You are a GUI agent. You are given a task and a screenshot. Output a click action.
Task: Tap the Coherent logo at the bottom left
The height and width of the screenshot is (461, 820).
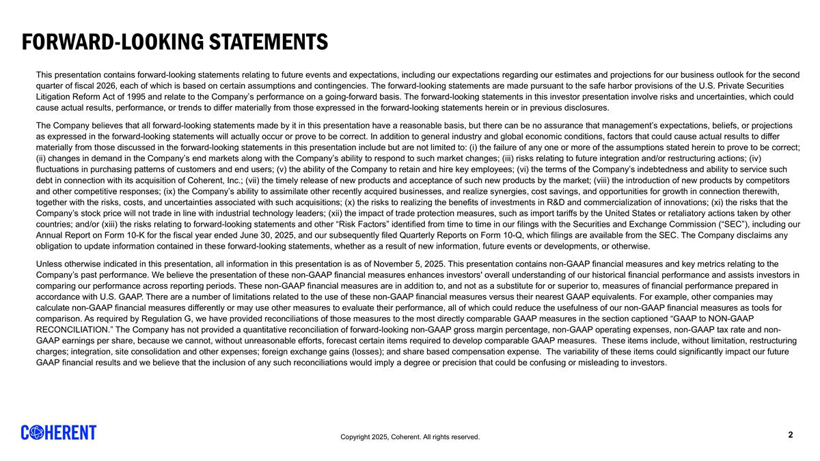pyautogui.click(x=59, y=432)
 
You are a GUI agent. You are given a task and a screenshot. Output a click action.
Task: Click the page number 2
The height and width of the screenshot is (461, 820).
pyautogui.click(x=791, y=435)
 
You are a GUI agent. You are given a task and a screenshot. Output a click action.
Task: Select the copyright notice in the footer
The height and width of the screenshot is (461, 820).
pyautogui.click(x=410, y=437)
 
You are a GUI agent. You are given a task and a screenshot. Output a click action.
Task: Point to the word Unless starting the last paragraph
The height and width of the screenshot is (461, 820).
pyautogui.click(x=49, y=264)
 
